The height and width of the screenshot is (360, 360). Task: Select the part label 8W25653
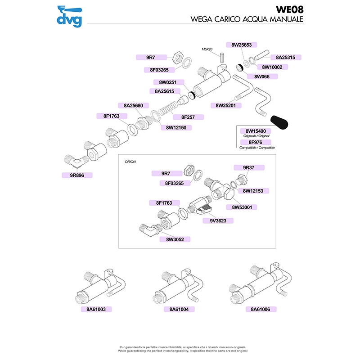pyautogui.click(x=244, y=45)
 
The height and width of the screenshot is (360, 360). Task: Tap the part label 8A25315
pyautogui.click(x=285, y=58)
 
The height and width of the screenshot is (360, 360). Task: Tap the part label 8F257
pyautogui.click(x=188, y=117)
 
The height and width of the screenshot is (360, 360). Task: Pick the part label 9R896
pyautogui.click(x=76, y=175)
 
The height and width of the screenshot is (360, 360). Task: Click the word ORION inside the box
pyautogui.click(x=130, y=161)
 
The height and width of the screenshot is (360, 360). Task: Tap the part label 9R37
pyautogui.click(x=249, y=167)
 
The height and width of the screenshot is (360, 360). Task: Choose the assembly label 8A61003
pyautogui.click(x=96, y=310)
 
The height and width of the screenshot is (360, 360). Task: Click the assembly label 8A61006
pyautogui.click(x=261, y=310)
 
